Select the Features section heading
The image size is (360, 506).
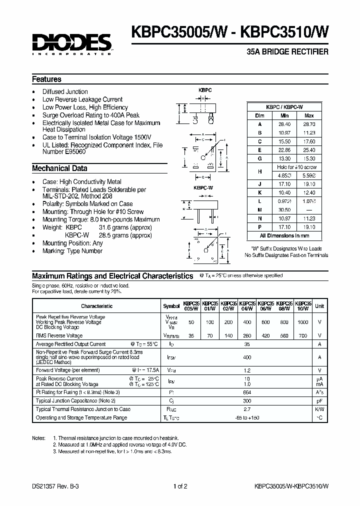pos(46,79)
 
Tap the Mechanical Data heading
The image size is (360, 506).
pos(59,168)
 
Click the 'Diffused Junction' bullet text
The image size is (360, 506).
pos(65,91)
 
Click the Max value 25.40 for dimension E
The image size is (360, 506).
pos(309,149)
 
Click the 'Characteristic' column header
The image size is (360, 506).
pos(97,306)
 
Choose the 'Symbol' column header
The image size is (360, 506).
pos(171,306)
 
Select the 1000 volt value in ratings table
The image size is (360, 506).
pos(303,322)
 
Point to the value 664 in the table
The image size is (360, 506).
pos(246,392)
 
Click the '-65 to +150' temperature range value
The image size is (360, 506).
pos(246,417)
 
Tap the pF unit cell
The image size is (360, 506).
pos(319,400)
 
